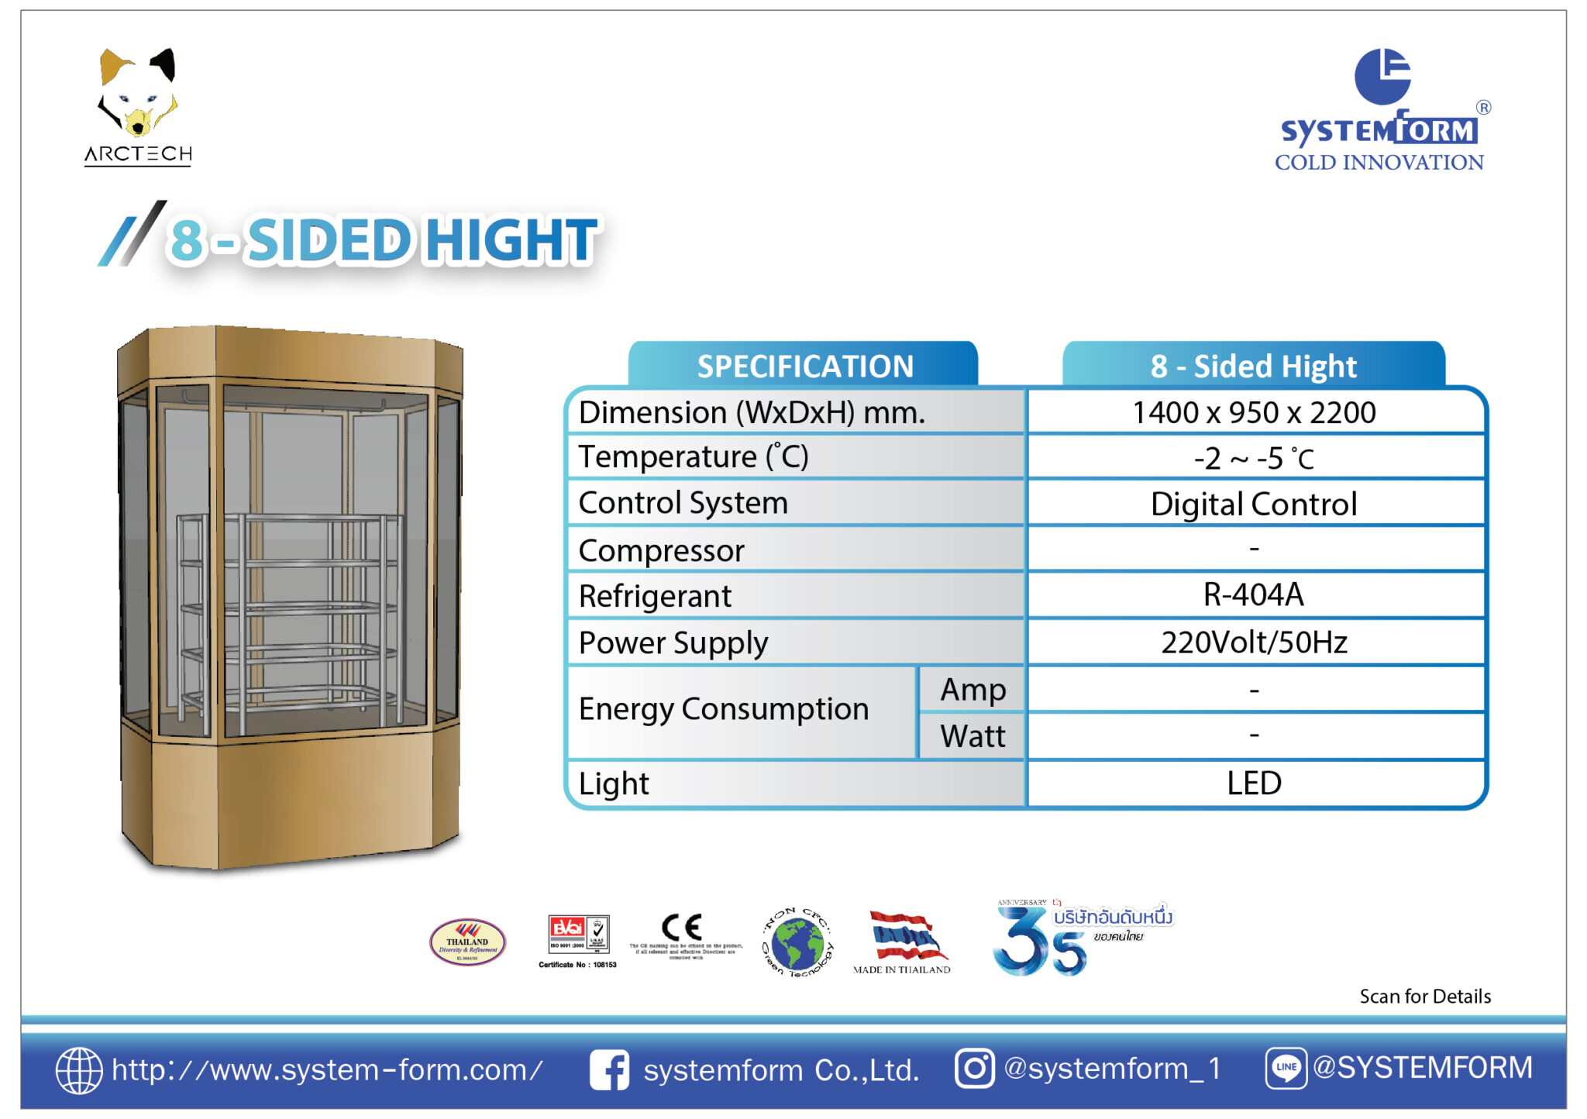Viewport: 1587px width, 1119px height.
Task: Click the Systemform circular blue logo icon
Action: [x=1382, y=76]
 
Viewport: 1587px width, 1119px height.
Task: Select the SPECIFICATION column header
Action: [x=804, y=366]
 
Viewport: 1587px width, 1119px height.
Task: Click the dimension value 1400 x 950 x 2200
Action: [x=1254, y=412]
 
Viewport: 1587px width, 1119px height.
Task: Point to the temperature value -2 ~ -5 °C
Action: [x=1254, y=458]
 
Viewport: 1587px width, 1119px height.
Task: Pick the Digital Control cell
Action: [x=1254, y=504]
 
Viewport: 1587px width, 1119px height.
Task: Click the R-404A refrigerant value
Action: [x=1254, y=594]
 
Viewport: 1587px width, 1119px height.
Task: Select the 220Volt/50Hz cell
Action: [x=1254, y=642]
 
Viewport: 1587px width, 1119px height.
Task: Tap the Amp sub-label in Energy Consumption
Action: [x=973, y=689]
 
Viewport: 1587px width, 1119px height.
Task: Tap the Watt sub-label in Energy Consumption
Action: [x=973, y=735]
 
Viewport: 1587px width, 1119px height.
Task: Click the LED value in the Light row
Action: [x=1254, y=783]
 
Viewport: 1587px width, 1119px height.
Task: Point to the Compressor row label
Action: [x=661, y=550]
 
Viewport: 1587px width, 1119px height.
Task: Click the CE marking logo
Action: [x=682, y=928]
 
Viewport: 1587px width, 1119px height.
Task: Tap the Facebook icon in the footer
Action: [x=609, y=1070]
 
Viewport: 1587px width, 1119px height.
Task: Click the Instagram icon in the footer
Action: [x=974, y=1069]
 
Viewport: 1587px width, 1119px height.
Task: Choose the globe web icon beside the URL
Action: [x=78, y=1070]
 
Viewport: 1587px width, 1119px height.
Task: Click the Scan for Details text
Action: [x=1424, y=996]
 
